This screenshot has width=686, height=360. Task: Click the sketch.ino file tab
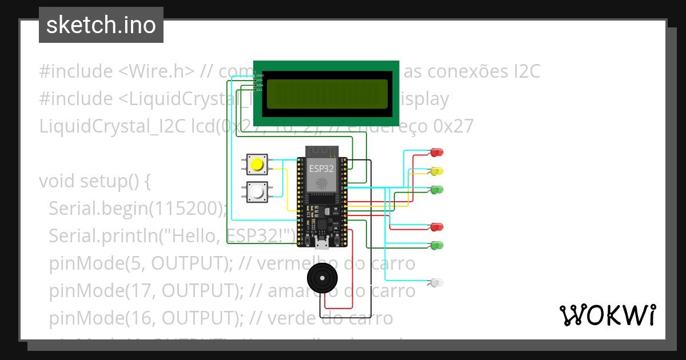pyautogui.click(x=101, y=25)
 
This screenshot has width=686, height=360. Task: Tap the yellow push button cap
pyautogui.click(x=258, y=165)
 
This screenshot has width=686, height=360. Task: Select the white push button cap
pyautogui.click(x=258, y=192)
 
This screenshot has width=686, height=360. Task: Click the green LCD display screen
pyautogui.click(x=326, y=94)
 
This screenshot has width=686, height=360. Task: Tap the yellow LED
pyautogui.click(x=437, y=171)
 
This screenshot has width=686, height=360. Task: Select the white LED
pyautogui.click(x=437, y=282)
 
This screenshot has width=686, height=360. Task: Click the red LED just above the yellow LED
pyautogui.click(x=437, y=152)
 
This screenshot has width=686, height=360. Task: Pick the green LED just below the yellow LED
pyautogui.click(x=437, y=189)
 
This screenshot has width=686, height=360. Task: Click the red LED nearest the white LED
pyautogui.click(x=437, y=227)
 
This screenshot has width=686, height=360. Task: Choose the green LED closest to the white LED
pyautogui.click(x=437, y=245)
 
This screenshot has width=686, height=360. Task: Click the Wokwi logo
pyautogui.click(x=607, y=315)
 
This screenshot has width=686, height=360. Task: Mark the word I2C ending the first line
pyautogui.click(x=524, y=71)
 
